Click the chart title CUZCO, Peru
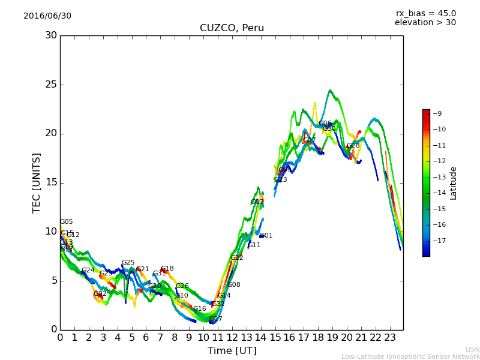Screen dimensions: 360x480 pyautogui.click(x=232, y=28)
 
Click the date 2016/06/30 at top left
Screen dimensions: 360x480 pyautogui.click(x=47, y=16)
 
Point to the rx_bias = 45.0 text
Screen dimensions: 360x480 pyautogui.click(x=425, y=14)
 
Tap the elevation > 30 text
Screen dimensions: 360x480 pyautogui.click(x=425, y=23)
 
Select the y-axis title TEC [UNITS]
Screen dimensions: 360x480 pyautogui.click(x=37, y=182)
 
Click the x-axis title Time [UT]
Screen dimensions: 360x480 pyautogui.click(x=232, y=351)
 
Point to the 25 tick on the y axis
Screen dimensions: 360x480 pyautogui.click(x=51, y=85)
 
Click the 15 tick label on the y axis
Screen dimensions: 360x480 pyautogui.click(x=51, y=182)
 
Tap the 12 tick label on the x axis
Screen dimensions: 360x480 pyautogui.click(x=232, y=337)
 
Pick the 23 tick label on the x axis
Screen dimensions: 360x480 pyautogui.click(x=390, y=337)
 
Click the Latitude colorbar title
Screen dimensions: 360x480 pyautogui.click(x=454, y=183)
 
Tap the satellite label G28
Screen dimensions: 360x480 pyautogui.click(x=353, y=146)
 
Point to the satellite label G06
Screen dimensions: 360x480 pyautogui.click(x=325, y=124)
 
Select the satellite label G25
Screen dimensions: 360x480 pyautogui.click(x=128, y=263)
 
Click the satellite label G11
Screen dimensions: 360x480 pyautogui.click(x=254, y=245)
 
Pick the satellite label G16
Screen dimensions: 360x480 pyautogui.click(x=199, y=309)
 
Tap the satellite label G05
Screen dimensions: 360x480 pyautogui.click(x=67, y=222)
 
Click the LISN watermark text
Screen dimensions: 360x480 pyautogui.click(x=472, y=349)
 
